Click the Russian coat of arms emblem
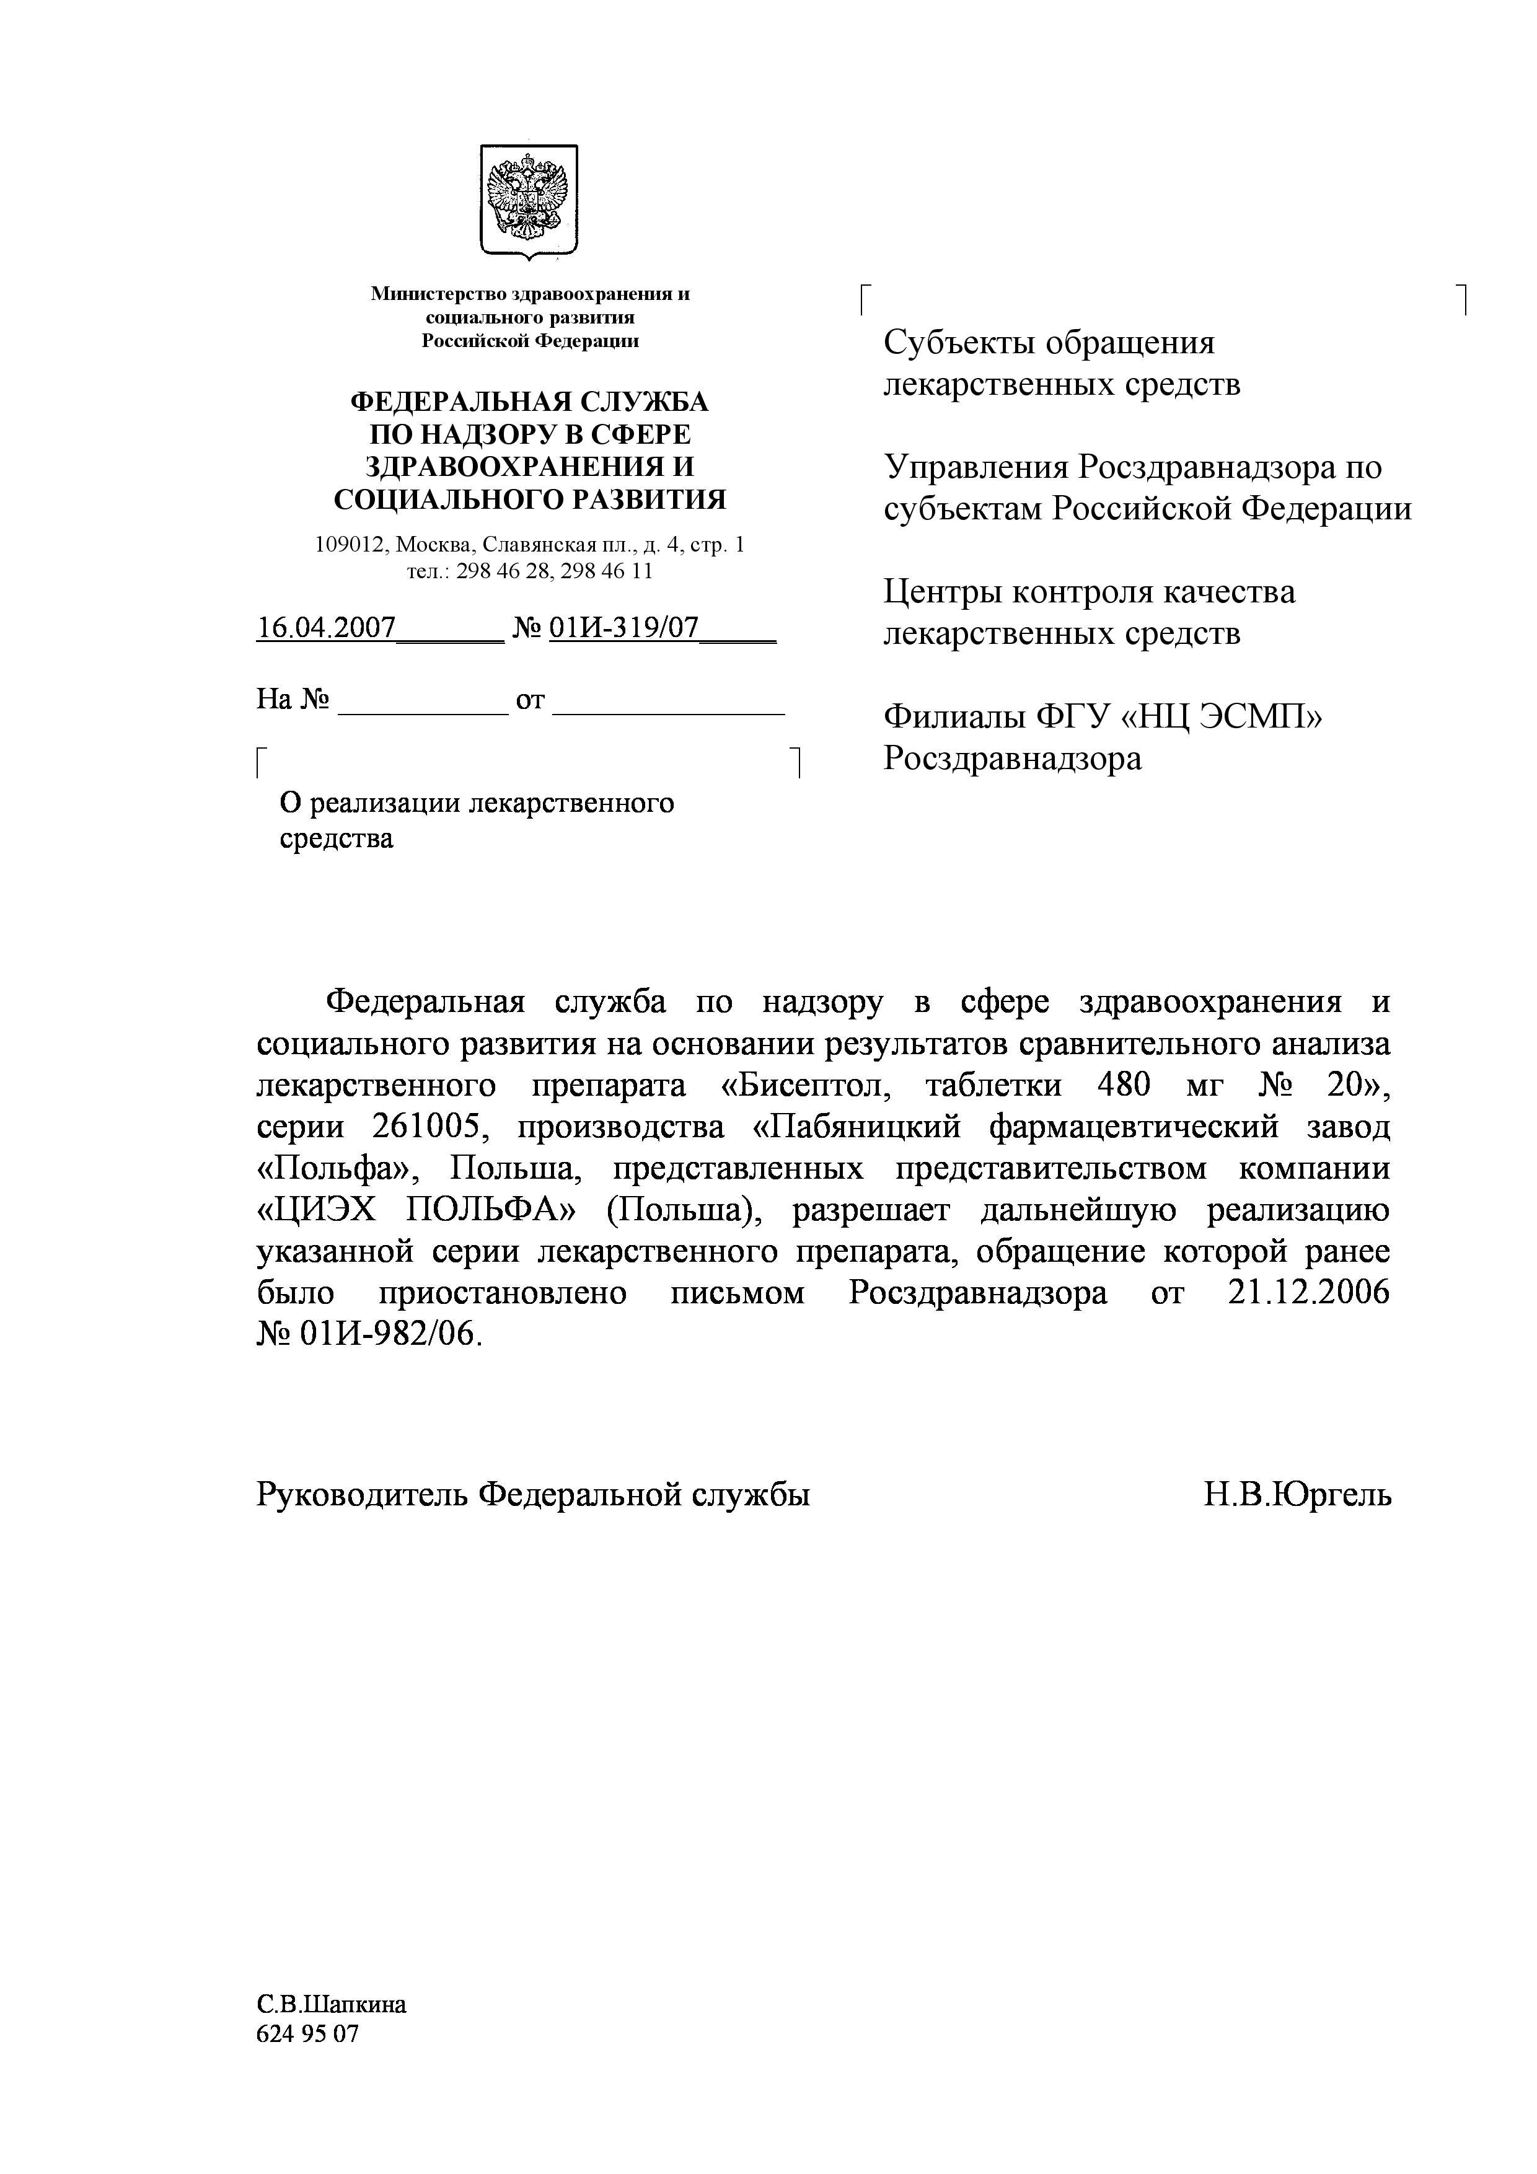[x=529, y=200]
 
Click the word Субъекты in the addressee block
[x=956, y=342]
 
